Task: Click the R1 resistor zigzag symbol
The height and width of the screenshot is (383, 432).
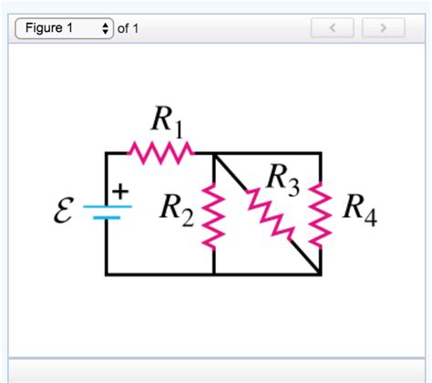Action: (x=161, y=152)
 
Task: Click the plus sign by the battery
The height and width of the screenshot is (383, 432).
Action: (x=121, y=191)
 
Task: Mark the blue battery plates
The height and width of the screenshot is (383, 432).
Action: (x=107, y=212)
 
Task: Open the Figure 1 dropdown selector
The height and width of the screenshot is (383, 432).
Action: (x=66, y=28)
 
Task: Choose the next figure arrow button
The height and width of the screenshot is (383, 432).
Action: (x=383, y=28)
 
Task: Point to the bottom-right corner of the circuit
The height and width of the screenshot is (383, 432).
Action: (x=321, y=274)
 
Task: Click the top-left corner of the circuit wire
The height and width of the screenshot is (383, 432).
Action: (x=107, y=153)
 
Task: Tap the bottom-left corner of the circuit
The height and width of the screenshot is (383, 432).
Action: (x=107, y=274)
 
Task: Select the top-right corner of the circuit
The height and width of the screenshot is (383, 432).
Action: (x=321, y=153)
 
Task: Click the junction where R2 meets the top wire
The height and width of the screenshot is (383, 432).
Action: (x=214, y=153)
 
